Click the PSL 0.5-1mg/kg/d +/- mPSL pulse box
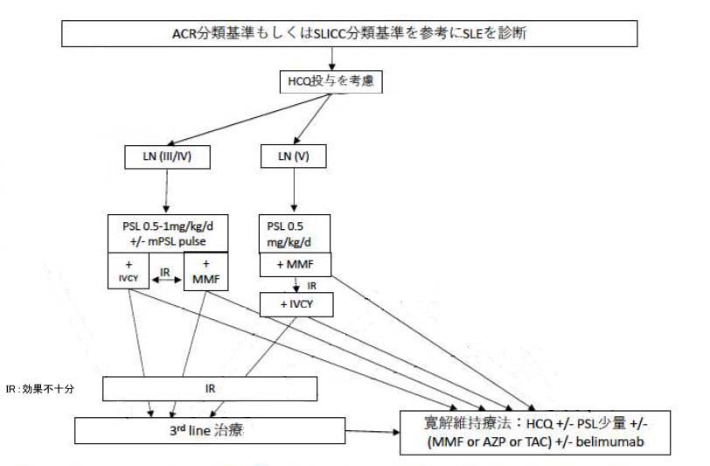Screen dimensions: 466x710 [168, 233]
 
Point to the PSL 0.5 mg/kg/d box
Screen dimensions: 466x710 [295, 231]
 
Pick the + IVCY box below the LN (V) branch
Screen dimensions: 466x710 [296, 303]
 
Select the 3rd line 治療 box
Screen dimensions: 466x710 [210, 430]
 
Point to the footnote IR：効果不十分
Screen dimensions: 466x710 [39, 390]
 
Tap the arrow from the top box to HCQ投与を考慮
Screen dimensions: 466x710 [334, 59]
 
